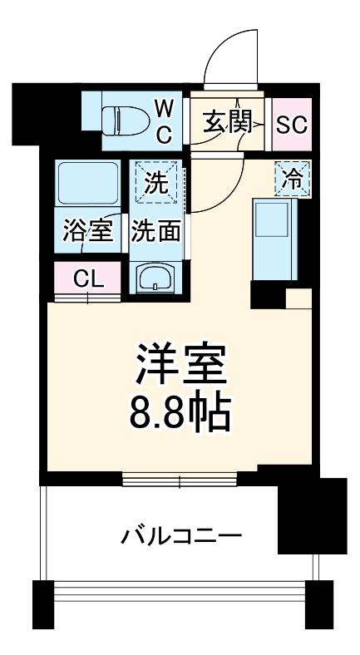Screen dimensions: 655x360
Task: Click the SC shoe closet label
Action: click(291, 125)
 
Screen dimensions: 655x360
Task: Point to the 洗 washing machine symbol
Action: click(156, 181)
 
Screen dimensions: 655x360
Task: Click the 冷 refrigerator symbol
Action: click(292, 177)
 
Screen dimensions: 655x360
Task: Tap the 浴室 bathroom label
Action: click(88, 231)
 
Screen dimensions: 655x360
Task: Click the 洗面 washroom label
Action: click(156, 231)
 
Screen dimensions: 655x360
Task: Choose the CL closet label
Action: click(88, 278)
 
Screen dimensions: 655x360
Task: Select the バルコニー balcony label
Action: click(181, 534)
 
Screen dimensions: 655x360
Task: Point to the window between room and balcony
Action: click(180, 478)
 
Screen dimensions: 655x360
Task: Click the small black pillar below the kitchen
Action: click(266, 293)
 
